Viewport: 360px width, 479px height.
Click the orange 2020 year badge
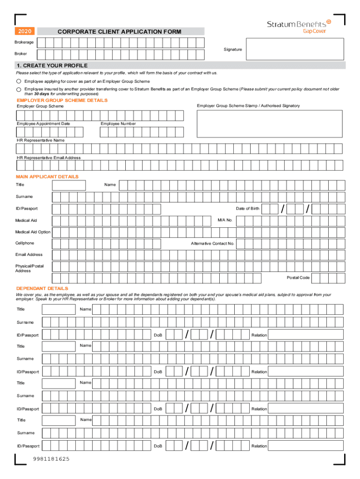pyautogui.click(x=25, y=31)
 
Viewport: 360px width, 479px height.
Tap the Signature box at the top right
pyautogui.click(x=295, y=49)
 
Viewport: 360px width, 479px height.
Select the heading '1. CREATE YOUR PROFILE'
pyautogui.click(x=52, y=65)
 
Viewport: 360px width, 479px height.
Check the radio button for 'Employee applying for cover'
pyautogui.click(x=19, y=81)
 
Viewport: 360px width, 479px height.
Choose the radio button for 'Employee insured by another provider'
pyautogui.click(x=19, y=88)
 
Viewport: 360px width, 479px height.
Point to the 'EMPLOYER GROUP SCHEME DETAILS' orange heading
pyautogui.click(x=62, y=100)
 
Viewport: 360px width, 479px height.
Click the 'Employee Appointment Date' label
pyautogui.click(x=43, y=123)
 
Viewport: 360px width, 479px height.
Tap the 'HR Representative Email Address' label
pyautogui.click(x=49, y=158)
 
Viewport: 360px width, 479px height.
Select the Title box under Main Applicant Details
pyautogui.click(x=69, y=185)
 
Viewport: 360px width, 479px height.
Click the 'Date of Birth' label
pyautogui.click(x=247, y=209)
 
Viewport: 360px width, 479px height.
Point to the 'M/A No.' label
pyautogui.click(x=225, y=220)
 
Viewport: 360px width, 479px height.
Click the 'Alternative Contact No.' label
pyautogui.click(x=212, y=243)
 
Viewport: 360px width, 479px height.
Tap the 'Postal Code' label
pyautogui.click(x=298, y=278)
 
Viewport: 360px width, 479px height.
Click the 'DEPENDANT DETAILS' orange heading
pyautogui.click(x=42, y=289)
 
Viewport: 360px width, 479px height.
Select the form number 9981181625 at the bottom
pyautogui.click(x=51, y=459)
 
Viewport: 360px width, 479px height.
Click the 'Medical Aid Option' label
pyautogui.click(x=33, y=232)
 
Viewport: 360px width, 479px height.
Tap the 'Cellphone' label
pyautogui.click(x=25, y=243)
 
